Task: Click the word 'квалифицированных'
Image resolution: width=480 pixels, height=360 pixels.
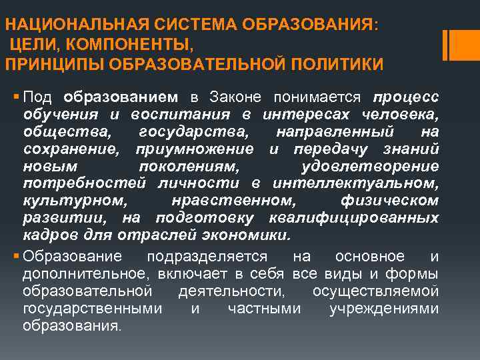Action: point(354,218)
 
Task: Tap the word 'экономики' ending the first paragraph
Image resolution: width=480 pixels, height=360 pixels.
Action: point(251,235)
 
